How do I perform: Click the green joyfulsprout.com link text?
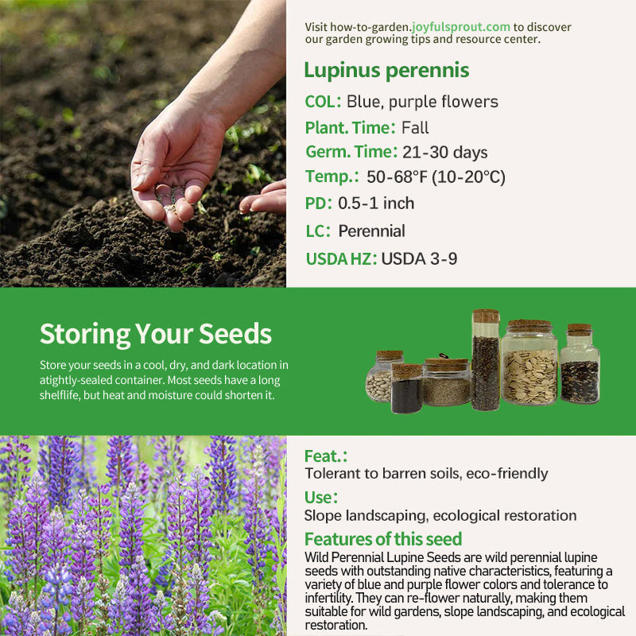[461, 27]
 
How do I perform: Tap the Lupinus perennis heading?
[386, 70]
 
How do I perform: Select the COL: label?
[323, 102]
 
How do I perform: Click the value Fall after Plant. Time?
[415, 128]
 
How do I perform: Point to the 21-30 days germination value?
[445, 152]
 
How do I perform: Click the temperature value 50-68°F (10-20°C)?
[436, 176]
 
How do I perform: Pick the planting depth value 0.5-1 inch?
[376, 204]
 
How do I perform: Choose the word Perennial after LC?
[371, 231]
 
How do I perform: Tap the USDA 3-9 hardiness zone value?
[419, 259]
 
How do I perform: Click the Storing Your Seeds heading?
[156, 334]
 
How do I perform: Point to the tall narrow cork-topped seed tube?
[486, 360]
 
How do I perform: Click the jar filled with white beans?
[379, 377]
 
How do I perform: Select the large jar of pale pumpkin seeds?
[529, 363]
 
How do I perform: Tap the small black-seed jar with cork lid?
[406, 389]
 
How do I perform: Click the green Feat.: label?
[326, 456]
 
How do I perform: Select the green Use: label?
[321, 498]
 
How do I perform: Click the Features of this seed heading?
[383, 539]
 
